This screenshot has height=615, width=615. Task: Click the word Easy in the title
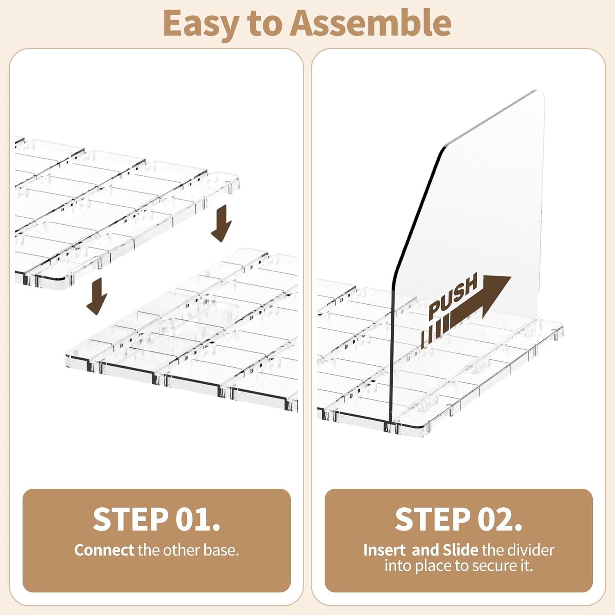point(200,24)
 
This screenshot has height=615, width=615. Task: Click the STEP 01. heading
point(156,519)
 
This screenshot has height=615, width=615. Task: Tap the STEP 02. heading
point(458,519)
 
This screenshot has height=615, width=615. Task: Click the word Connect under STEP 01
point(104,550)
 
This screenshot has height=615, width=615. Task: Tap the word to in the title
point(264,24)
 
